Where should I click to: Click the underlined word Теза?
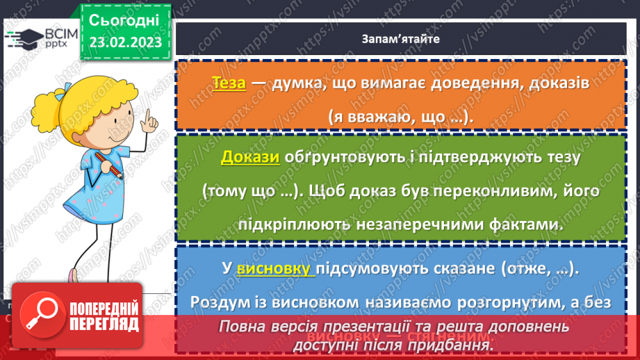tap(229, 83)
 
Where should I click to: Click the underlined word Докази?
tap(250, 157)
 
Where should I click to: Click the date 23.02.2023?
tap(125, 42)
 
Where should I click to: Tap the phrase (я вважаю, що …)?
tap(400, 117)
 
